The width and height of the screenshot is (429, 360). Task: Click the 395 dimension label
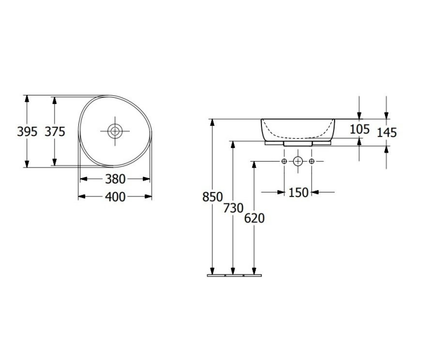click(x=27, y=132)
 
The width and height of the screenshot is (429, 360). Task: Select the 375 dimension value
click(x=55, y=132)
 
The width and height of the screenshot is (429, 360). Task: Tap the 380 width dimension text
click(x=115, y=179)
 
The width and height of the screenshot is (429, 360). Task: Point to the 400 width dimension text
click(x=115, y=197)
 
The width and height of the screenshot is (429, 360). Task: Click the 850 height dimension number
click(x=213, y=197)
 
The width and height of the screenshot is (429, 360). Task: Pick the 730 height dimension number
click(x=233, y=209)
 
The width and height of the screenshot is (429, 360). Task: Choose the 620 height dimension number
click(x=254, y=218)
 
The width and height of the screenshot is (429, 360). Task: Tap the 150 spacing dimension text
click(x=299, y=193)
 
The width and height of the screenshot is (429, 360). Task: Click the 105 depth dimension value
click(x=360, y=129)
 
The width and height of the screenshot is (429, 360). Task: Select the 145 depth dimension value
click(x=387, y=133)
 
